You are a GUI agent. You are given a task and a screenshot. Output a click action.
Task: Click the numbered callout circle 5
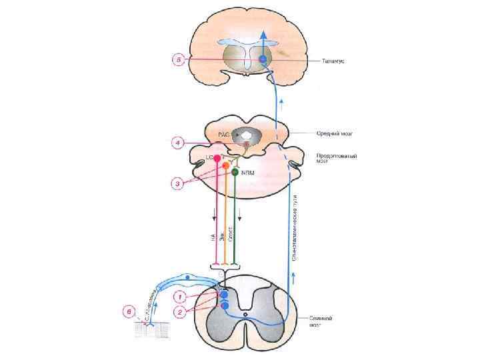[x=179, y=60]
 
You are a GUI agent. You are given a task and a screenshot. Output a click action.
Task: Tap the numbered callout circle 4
[x=177, y=143]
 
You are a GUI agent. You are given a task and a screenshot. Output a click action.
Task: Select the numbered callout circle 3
[x=177, y=184]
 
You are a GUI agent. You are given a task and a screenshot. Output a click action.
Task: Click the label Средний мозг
[x=334, y=133]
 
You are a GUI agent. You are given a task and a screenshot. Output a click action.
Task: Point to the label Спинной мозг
[x=319, y=323]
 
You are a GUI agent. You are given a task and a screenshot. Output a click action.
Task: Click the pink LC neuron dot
[x=217, y=158]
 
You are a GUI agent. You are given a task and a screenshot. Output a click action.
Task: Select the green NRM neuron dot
[x=235, y=172]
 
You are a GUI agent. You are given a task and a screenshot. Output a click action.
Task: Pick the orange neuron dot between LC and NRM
[x=226, y=165]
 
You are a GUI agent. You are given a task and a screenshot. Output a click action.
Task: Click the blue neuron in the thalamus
[x=263, y=59]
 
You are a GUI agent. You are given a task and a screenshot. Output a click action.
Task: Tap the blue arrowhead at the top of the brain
[x=263, y=35]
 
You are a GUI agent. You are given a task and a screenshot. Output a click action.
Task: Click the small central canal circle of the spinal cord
[x=245, y=314]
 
